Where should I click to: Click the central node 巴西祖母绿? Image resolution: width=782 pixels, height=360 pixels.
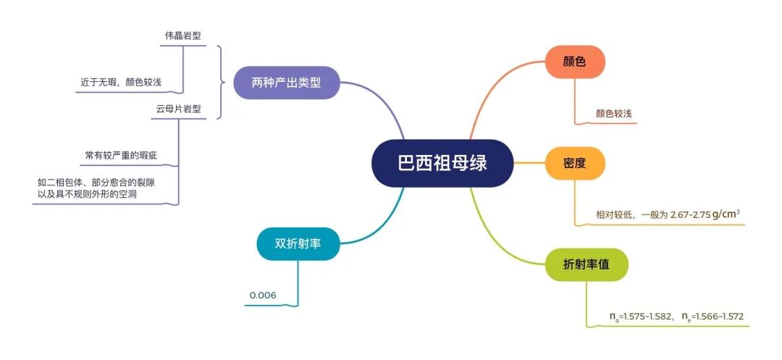point(442,163)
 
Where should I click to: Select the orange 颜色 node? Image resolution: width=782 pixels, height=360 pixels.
point(574,62)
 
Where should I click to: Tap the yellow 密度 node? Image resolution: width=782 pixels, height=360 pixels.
point(574,163)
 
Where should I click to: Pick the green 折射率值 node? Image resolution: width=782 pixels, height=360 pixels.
point(586,265)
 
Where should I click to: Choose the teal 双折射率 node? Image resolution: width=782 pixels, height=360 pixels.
point(298,244)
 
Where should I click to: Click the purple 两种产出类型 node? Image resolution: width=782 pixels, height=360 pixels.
point(286,83)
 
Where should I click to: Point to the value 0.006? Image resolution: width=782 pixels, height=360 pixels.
point(263,296)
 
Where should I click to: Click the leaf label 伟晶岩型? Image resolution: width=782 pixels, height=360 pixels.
point(183,36)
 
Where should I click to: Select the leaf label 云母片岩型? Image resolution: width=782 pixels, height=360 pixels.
point(179,109)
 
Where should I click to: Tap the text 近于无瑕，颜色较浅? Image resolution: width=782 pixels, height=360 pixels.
point(121,83)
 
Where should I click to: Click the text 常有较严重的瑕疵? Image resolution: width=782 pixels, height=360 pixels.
point(121,156)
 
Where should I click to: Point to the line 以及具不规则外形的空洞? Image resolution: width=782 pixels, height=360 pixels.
point(88,194)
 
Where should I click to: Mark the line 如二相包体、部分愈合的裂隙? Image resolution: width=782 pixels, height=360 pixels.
point(99,183)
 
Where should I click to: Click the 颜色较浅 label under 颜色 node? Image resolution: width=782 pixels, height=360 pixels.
point(613,114)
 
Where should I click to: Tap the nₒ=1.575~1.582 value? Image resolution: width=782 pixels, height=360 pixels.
point(642,316)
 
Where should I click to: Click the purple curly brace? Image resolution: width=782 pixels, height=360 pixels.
point(221,83)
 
